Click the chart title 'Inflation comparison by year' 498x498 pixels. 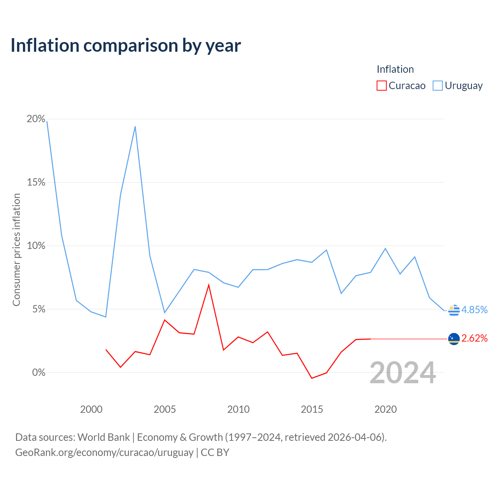coord(126,46)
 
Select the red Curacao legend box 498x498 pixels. coord(381,86)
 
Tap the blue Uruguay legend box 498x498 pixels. coord(438,86)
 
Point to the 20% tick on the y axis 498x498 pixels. coord(36,119)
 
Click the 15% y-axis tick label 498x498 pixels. coord(36,182)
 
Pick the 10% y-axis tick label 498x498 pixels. coord(36,246)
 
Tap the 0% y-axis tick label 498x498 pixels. coord(39,372)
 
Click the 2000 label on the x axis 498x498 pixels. coord(91,409)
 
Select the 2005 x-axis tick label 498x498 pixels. coord(165,409)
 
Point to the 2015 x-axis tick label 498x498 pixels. coord(312,409)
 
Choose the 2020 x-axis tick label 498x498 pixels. coord(386,409)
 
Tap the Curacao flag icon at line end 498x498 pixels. coord(454,339)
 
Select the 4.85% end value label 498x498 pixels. coord(475,310)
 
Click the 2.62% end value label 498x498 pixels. coord(475,338)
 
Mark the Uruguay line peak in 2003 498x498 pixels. coord(135,126)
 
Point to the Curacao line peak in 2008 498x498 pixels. coord(209,285)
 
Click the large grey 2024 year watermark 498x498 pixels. coord(403,373)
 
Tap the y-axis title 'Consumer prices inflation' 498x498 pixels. coord(17,250)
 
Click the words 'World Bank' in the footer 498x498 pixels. coord(103,437)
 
